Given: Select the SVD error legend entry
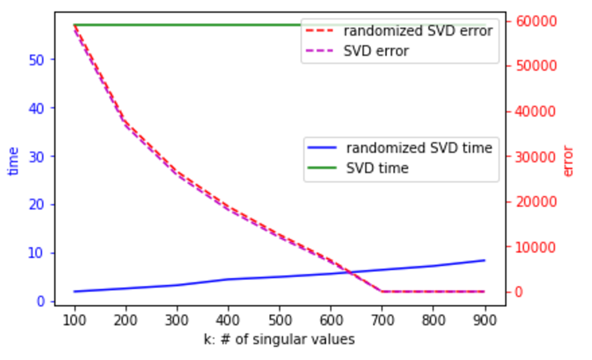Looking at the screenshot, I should pyautogui.click(x=376, y=50).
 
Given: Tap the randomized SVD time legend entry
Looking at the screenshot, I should pyautogui.click(x=419, y=148).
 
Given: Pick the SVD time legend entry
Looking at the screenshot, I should pyautogui.click(x=377, y=168).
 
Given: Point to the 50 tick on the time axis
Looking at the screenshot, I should pyautogui.click(x=36, y=59).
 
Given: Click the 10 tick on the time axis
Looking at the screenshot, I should pyautogui.click(x=36, y=253).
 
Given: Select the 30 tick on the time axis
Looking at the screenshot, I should pyautogui.click(x=36, y=157).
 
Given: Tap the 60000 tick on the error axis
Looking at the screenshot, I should pyautogui.click(x=534, y=21).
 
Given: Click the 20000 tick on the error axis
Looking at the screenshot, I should pyautogui.click(x=534, y=202).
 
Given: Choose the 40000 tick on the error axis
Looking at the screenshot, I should pyautogui.click(x=534, y=112).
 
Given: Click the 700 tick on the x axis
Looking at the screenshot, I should pyautogui.click(x=382, y=321).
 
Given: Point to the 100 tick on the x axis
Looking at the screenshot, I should pyautogui.click(x=74, y=321).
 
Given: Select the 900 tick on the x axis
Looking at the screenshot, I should pyautogui.click(x=484, y=321).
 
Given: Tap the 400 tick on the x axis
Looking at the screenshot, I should pyautogui.click(x=228, y=321).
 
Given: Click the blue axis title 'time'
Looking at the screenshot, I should pyautogui.click(x=13, y=161).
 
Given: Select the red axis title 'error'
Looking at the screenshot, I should pyautogui.click(x=568, y=161).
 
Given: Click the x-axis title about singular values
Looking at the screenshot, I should pyautogui.click(x=279, y=339).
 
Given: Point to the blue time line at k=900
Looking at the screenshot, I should pyautogui.click(x=484, y=261).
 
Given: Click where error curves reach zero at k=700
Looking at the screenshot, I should pyautogui.click(x=382, y=291).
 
